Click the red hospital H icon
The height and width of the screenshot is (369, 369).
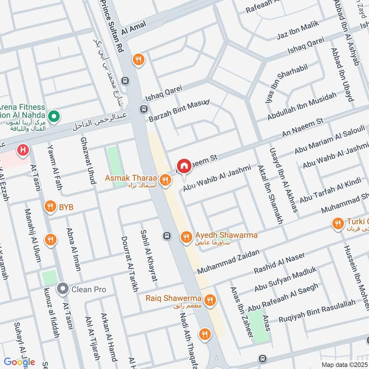coord(22,149)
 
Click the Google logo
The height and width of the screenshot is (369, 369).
coord(19,362)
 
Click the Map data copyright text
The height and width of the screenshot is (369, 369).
coord(344,365)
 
